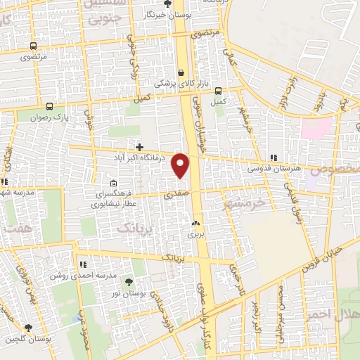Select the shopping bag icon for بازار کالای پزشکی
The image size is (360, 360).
(x=182, y=72)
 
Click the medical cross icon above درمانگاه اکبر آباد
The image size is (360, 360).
(x=140, y=148)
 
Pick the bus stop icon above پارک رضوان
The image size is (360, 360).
(x=49, y=106)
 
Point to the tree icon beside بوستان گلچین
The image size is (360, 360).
(x=27, y=328)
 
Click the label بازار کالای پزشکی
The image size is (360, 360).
(x=165, y=83)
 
